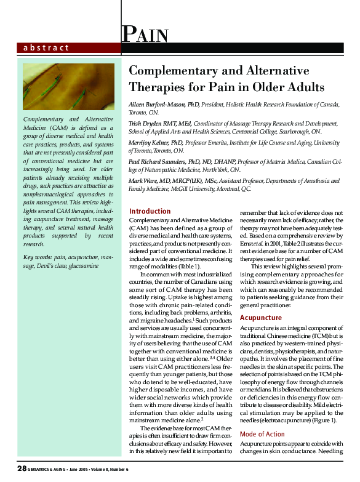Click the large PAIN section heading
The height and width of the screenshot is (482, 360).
(145, 33)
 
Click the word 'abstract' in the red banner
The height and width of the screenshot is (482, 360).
(46, 47)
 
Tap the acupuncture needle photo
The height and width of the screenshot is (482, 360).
(68, 86)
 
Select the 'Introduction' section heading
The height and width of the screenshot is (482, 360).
(150, 211)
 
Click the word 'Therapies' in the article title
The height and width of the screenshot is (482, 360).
(160, 86)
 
